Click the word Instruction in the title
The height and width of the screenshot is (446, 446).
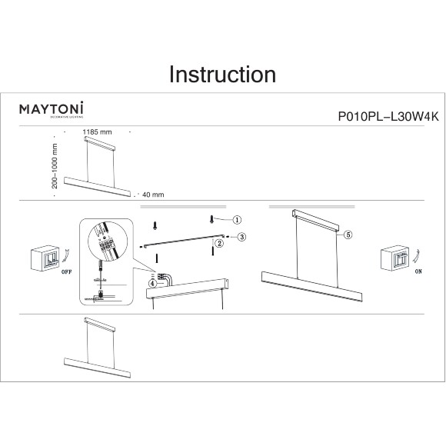pyautogui.click(x=222, y=75)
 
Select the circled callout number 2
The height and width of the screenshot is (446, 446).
pyautogui.click(x=219, y=244)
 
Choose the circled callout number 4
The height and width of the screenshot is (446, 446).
pyautogui.click(x=153, y=283)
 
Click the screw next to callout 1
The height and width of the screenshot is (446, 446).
pyautogui.click(x=212, y=220)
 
